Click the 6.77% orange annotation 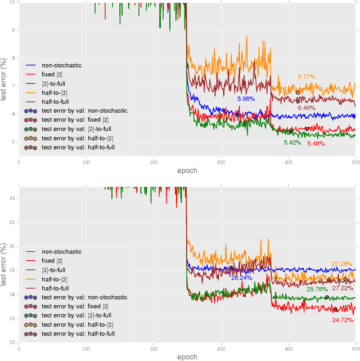307,77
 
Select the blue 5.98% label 246,99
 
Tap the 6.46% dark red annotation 307,108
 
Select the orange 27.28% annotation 342,264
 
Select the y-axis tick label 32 12,222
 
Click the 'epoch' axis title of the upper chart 186,171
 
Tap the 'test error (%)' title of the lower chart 4,265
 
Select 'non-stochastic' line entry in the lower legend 61,252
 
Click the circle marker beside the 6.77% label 298,92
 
